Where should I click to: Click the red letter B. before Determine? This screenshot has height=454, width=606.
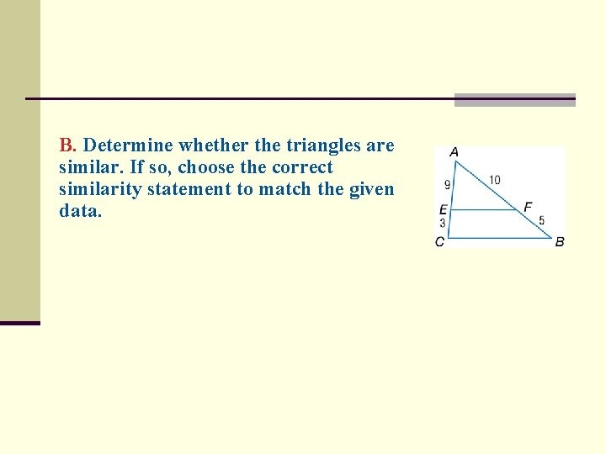[68, 145]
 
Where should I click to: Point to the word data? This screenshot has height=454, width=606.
[80, 211]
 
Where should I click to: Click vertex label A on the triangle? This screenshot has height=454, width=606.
[454, 152]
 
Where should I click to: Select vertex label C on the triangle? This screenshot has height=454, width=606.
[439, 242]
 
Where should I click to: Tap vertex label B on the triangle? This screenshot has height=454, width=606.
[560, 242]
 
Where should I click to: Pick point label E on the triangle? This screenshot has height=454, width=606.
[443, 210]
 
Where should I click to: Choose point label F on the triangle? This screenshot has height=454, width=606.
[528, 207]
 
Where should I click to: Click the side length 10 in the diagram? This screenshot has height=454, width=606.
[494, 180]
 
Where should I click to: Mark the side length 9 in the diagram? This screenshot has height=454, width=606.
[447, 185]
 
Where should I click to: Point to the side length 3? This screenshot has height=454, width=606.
[443, 224]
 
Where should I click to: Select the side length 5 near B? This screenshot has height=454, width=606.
[541, 221]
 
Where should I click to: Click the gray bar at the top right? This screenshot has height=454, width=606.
[514, 100]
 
